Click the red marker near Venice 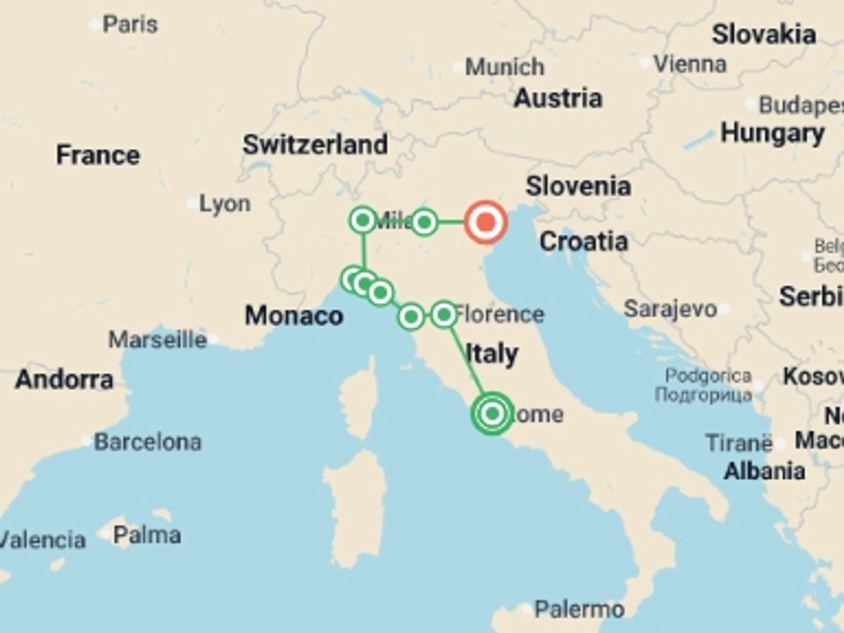[x=486, y=222]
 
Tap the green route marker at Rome [x=492, y=414]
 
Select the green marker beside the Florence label [x=444, y=315]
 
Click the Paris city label [x=130, y=24]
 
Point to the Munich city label [x=505, y=67]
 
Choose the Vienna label [x=690, y=64]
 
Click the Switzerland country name [x=315, y=145]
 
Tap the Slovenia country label [x=578, y=186]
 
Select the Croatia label [x=583, y=241]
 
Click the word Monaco [x=294, y=316]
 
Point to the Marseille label [x=158, y=340]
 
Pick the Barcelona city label [x=148, y=442]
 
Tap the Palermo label [x=579, y=609]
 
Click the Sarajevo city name [x=670, y=309]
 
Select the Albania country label [x=764, y=471]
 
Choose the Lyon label [x=225, y=204]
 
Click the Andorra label [x=64, y=379]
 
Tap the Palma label [x=147, y=535]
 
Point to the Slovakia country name [x=764, y=34]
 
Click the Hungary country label [x=772, y=133]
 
